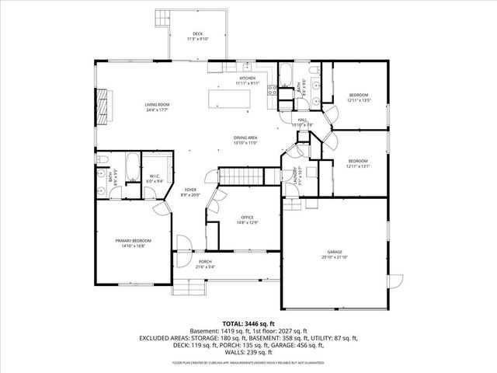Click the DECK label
(x=198, y=33)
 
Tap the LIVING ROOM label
(x=157, y=104)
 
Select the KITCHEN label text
(x=248, y=78)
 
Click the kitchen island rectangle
(x=231, y=99)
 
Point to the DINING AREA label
(x=245, y=138)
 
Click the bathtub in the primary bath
(x=133, y=166)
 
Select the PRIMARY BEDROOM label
(x=134, y=241)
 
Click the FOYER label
(x=190, y=190)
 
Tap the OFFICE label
(x=248, y=218)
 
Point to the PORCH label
(x=205, y=262)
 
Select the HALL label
(x=302, y=120)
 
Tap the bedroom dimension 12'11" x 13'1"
(x=357, y=166)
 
